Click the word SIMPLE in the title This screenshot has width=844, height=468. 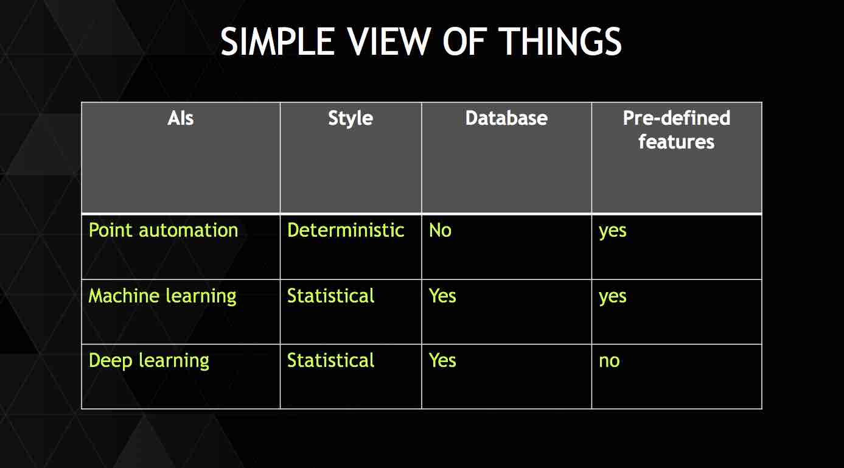click(x=277, y=41)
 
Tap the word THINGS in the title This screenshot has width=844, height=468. click(x=562, y=41)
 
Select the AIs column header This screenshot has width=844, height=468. click(x=181, y=118)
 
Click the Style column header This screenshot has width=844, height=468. click(x=351, y=119)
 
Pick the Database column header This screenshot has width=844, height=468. click(x=506, y=118)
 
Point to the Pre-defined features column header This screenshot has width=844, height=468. click(x=676, y=130)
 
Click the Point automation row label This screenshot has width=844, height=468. click(x=164, y=230)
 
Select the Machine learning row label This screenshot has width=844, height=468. click(x=162, y=296)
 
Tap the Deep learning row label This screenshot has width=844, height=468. click(x=149, y=361)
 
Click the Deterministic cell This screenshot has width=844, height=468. click(x=346, y=230)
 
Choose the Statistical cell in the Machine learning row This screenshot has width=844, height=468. click(x=331, y=296)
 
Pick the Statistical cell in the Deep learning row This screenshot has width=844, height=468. click(x=331, y=360)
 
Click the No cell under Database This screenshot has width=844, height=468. click(x=440, y=230)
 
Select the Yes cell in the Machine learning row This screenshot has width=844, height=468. click(x=442, y=296)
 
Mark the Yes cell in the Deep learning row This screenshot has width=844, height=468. click(x=442, y=360)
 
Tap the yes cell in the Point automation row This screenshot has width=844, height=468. click(x=613, y=232)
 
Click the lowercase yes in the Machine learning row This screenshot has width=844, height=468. click(x=613, y=298)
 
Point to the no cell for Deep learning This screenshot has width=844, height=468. click(x=609, y=361)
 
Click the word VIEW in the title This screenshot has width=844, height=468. click(x=389, y=41)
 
